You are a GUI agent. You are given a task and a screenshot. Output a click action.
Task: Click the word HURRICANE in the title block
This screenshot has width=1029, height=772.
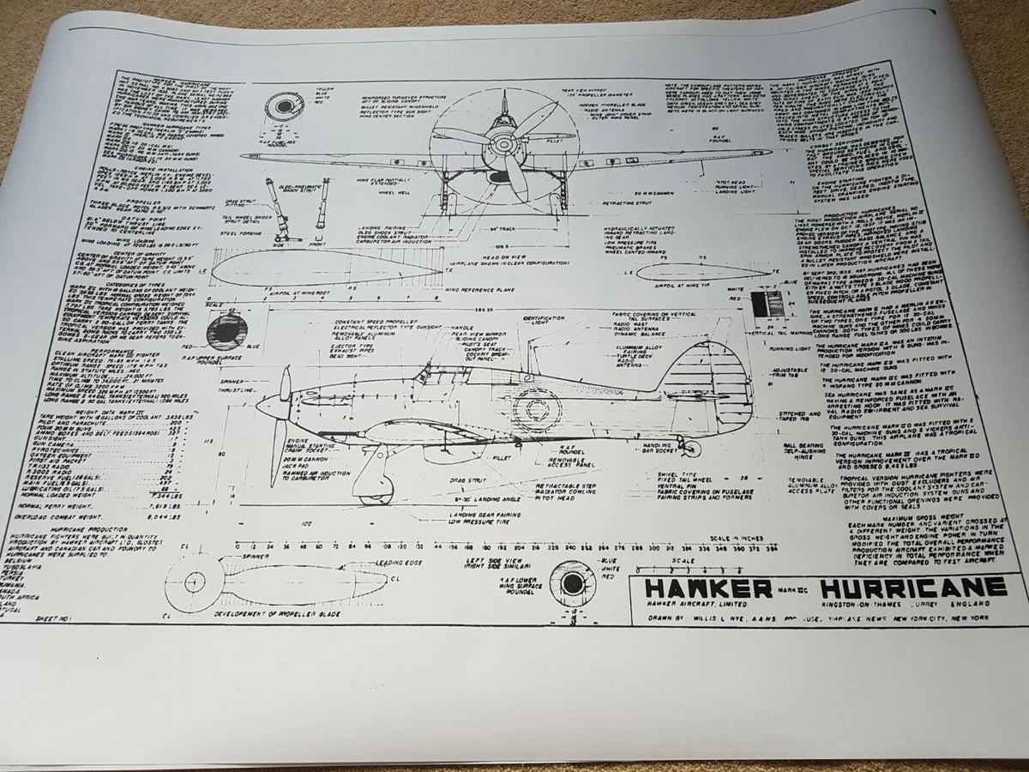click(x=912, y=589)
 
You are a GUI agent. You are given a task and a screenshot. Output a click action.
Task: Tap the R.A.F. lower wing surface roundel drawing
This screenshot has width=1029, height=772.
click(x=569, y=585)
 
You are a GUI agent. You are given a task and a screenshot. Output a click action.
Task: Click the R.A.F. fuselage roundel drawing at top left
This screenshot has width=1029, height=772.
click(x=284, y=108)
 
